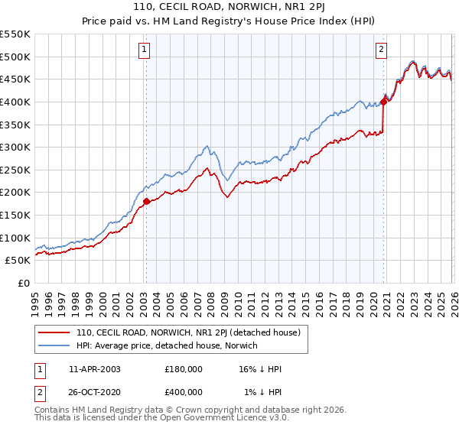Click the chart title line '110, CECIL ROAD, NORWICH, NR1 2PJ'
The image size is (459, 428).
229,8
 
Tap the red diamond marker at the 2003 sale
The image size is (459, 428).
146,202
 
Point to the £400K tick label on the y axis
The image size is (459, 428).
15,102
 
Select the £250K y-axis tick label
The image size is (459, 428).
15,170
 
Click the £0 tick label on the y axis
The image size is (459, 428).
23,284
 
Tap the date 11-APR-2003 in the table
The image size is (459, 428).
95,369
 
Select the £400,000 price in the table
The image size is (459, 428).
184,392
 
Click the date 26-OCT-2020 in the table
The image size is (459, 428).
95,392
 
